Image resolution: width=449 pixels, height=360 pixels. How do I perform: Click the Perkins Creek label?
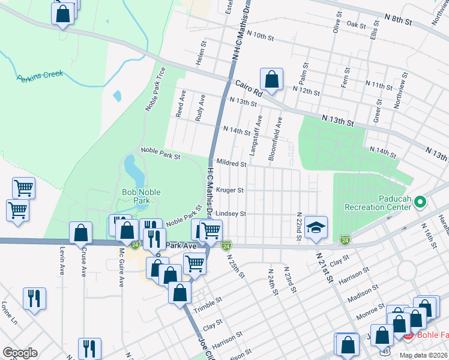[x=40, y=77]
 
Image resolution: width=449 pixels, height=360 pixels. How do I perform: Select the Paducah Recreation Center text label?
[x=376, y=202]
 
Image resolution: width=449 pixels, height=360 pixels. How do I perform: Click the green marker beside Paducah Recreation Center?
[x=420, y=202]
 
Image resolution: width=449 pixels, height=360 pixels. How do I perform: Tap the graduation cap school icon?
[x=316, y=227]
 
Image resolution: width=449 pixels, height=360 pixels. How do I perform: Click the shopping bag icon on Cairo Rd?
[x=271, y=79]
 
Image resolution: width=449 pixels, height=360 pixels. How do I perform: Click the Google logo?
[x=20, y=353]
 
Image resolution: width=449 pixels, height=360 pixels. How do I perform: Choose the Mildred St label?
[x=231, y=163]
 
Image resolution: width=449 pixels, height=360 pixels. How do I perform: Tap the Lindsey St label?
[x=231, y=214]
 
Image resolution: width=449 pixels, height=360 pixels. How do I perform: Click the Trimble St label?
[x=208, y=305]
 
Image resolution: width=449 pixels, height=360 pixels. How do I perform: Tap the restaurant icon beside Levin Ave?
[x=34, y=298]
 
